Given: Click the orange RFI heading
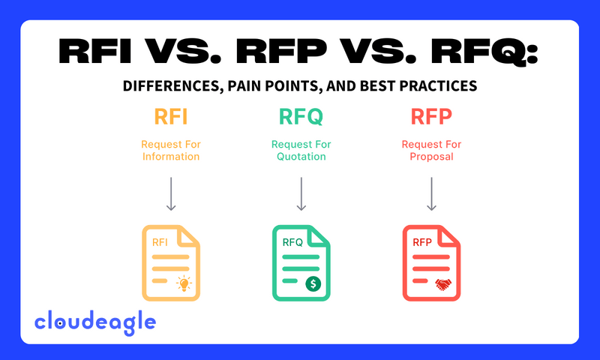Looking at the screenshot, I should pos(171,118).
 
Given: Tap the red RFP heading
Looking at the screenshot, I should pos(431,118).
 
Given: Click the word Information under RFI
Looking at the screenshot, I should pos(170,157).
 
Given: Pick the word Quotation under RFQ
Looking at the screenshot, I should pos(300,157).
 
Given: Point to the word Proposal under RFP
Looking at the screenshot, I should pos(431,157).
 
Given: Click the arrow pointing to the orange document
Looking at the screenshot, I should pos(171,193).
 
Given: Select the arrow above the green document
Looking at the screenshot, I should pos(300,193).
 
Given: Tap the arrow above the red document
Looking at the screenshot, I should pos(431,193).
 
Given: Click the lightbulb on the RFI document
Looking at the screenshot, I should pos(183,283).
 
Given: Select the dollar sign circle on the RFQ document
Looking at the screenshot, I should pos(313,283).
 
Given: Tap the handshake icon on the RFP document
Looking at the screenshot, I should pos(443,283).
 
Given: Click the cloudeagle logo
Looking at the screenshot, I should pos(95,322).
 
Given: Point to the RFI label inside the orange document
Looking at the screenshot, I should pos(160,242).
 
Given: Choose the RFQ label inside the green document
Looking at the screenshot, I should pos(292,241).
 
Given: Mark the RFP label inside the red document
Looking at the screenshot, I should pos(422,242).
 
